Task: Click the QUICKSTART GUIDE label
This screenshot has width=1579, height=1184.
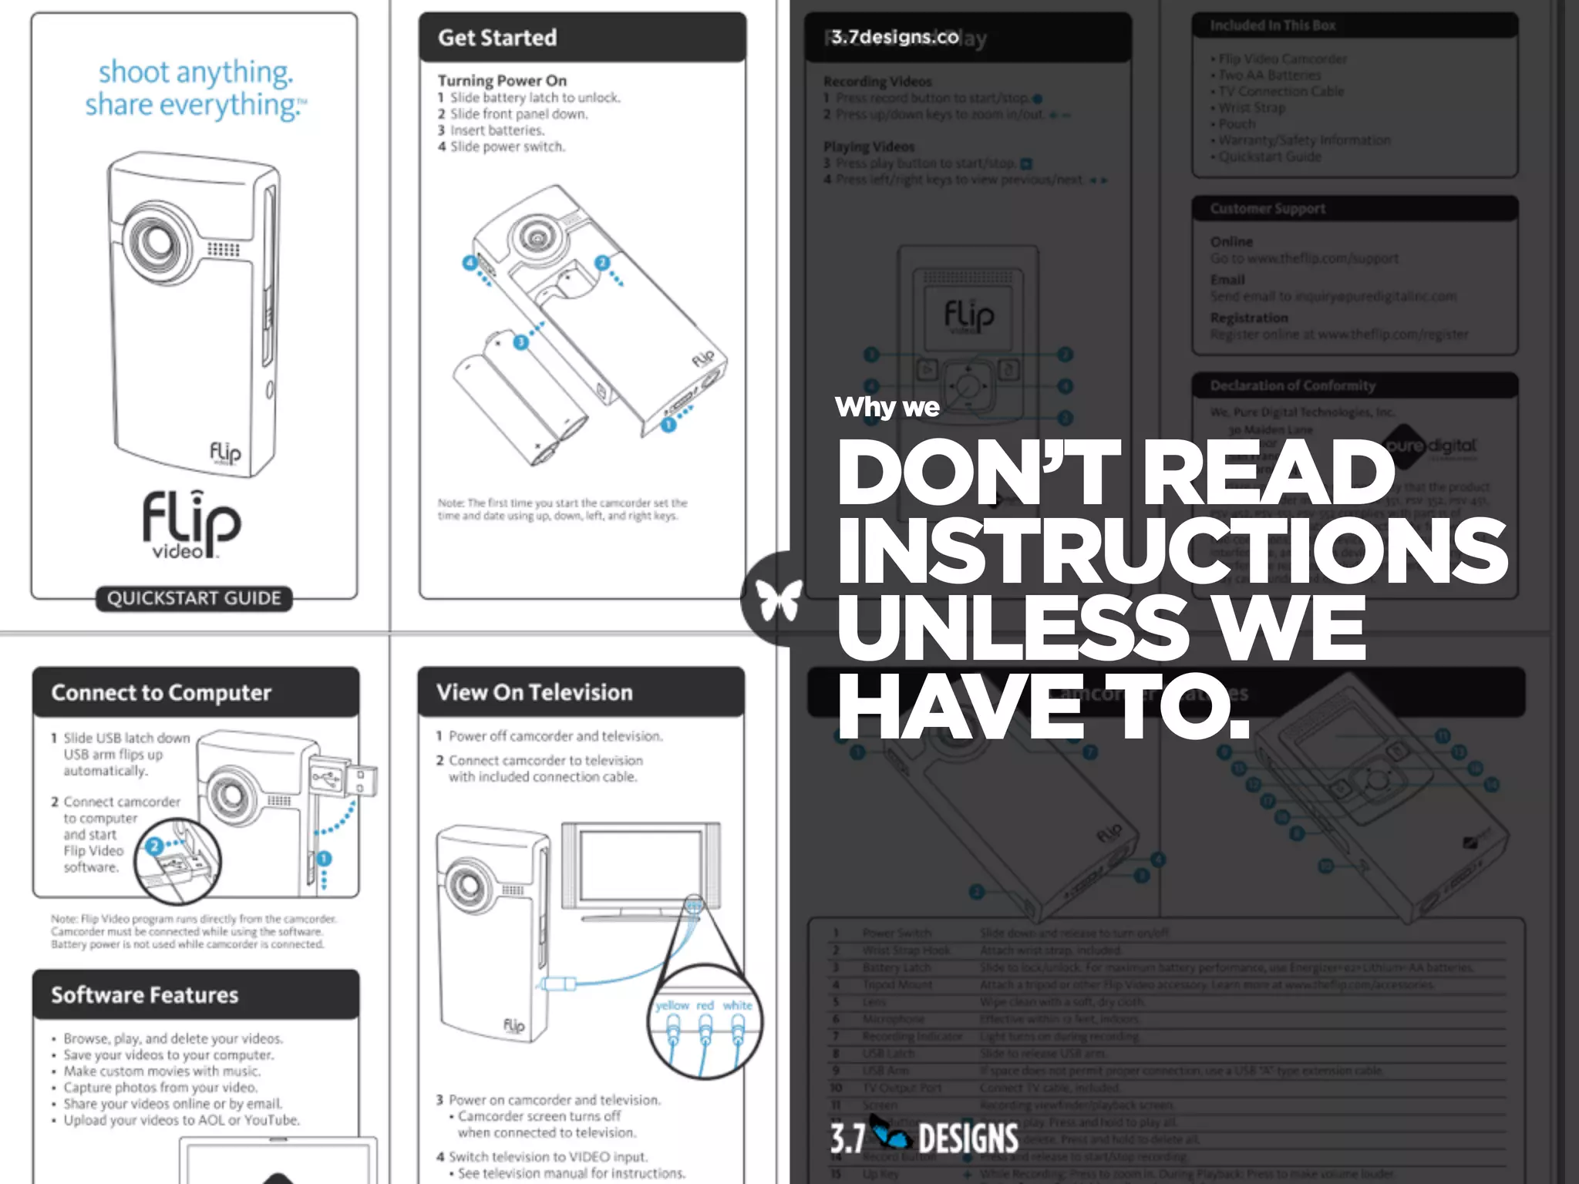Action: (194, 598)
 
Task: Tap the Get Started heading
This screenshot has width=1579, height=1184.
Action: (497, 38)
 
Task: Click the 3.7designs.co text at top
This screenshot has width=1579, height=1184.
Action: (894, 37)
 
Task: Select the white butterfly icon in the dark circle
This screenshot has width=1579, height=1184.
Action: (778, 600)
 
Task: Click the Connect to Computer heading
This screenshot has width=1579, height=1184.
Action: (161, 692)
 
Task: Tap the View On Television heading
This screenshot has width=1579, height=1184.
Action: (534, 692)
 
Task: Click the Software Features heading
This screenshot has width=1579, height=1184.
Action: (145, 994)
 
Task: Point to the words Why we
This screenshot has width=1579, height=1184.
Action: (887, 406)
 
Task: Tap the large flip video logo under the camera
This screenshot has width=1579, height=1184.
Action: (191, 524)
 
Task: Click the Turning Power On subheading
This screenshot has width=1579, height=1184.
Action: (502, 80)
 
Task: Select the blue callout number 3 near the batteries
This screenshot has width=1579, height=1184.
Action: (521, 341)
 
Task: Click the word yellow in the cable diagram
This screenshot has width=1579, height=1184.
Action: (672, 1005)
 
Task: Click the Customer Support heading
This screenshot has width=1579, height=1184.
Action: (1268, 208)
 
